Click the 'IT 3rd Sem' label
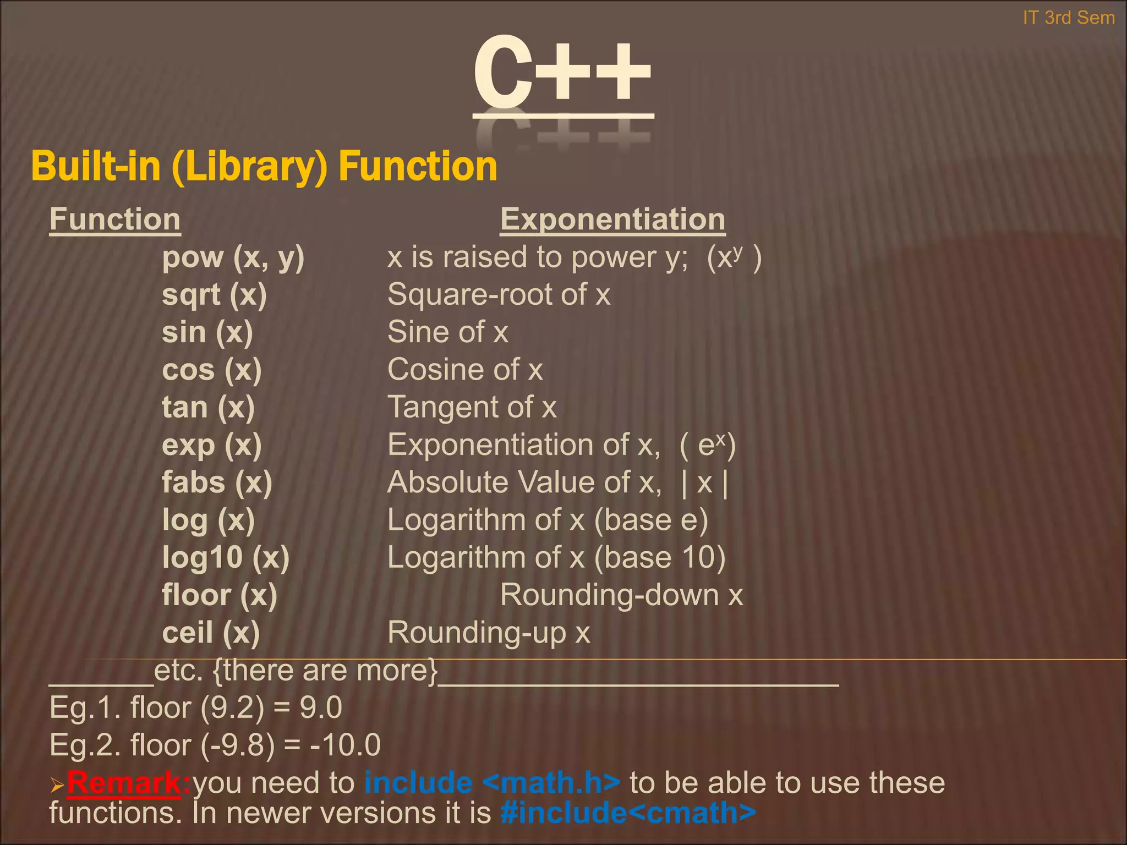[1068, 18]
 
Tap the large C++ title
[562, 74]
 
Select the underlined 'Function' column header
[115, 220]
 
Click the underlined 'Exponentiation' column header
[612, 220]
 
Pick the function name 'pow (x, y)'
[233, 257]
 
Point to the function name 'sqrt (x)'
[214, 295]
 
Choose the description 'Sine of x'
[447, 332]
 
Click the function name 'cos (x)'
[211, 370]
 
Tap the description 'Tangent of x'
[472, 408]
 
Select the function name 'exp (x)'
[211, 445]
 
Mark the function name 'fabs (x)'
[217, 482]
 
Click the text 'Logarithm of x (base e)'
[548, 520]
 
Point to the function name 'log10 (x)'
[226, 557]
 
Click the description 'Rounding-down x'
[621, 595]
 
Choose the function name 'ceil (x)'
[210, 633]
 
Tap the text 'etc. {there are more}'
[296, 671]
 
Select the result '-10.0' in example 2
[345, 745]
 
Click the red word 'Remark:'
[128, 782]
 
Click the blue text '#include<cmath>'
[628, 813]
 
